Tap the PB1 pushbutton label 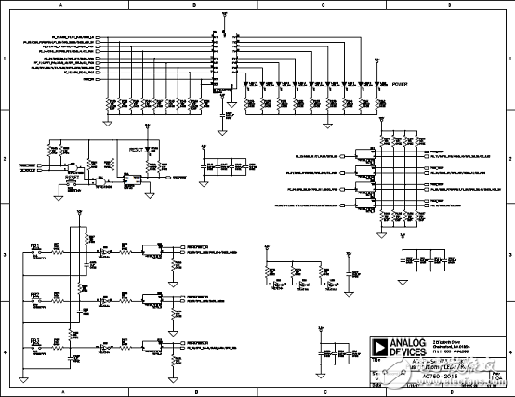(x=34, y=246)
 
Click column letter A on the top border (x=61, y=5)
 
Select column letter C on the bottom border (x=320, y=392)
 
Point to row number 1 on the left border (x=5, y=60)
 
